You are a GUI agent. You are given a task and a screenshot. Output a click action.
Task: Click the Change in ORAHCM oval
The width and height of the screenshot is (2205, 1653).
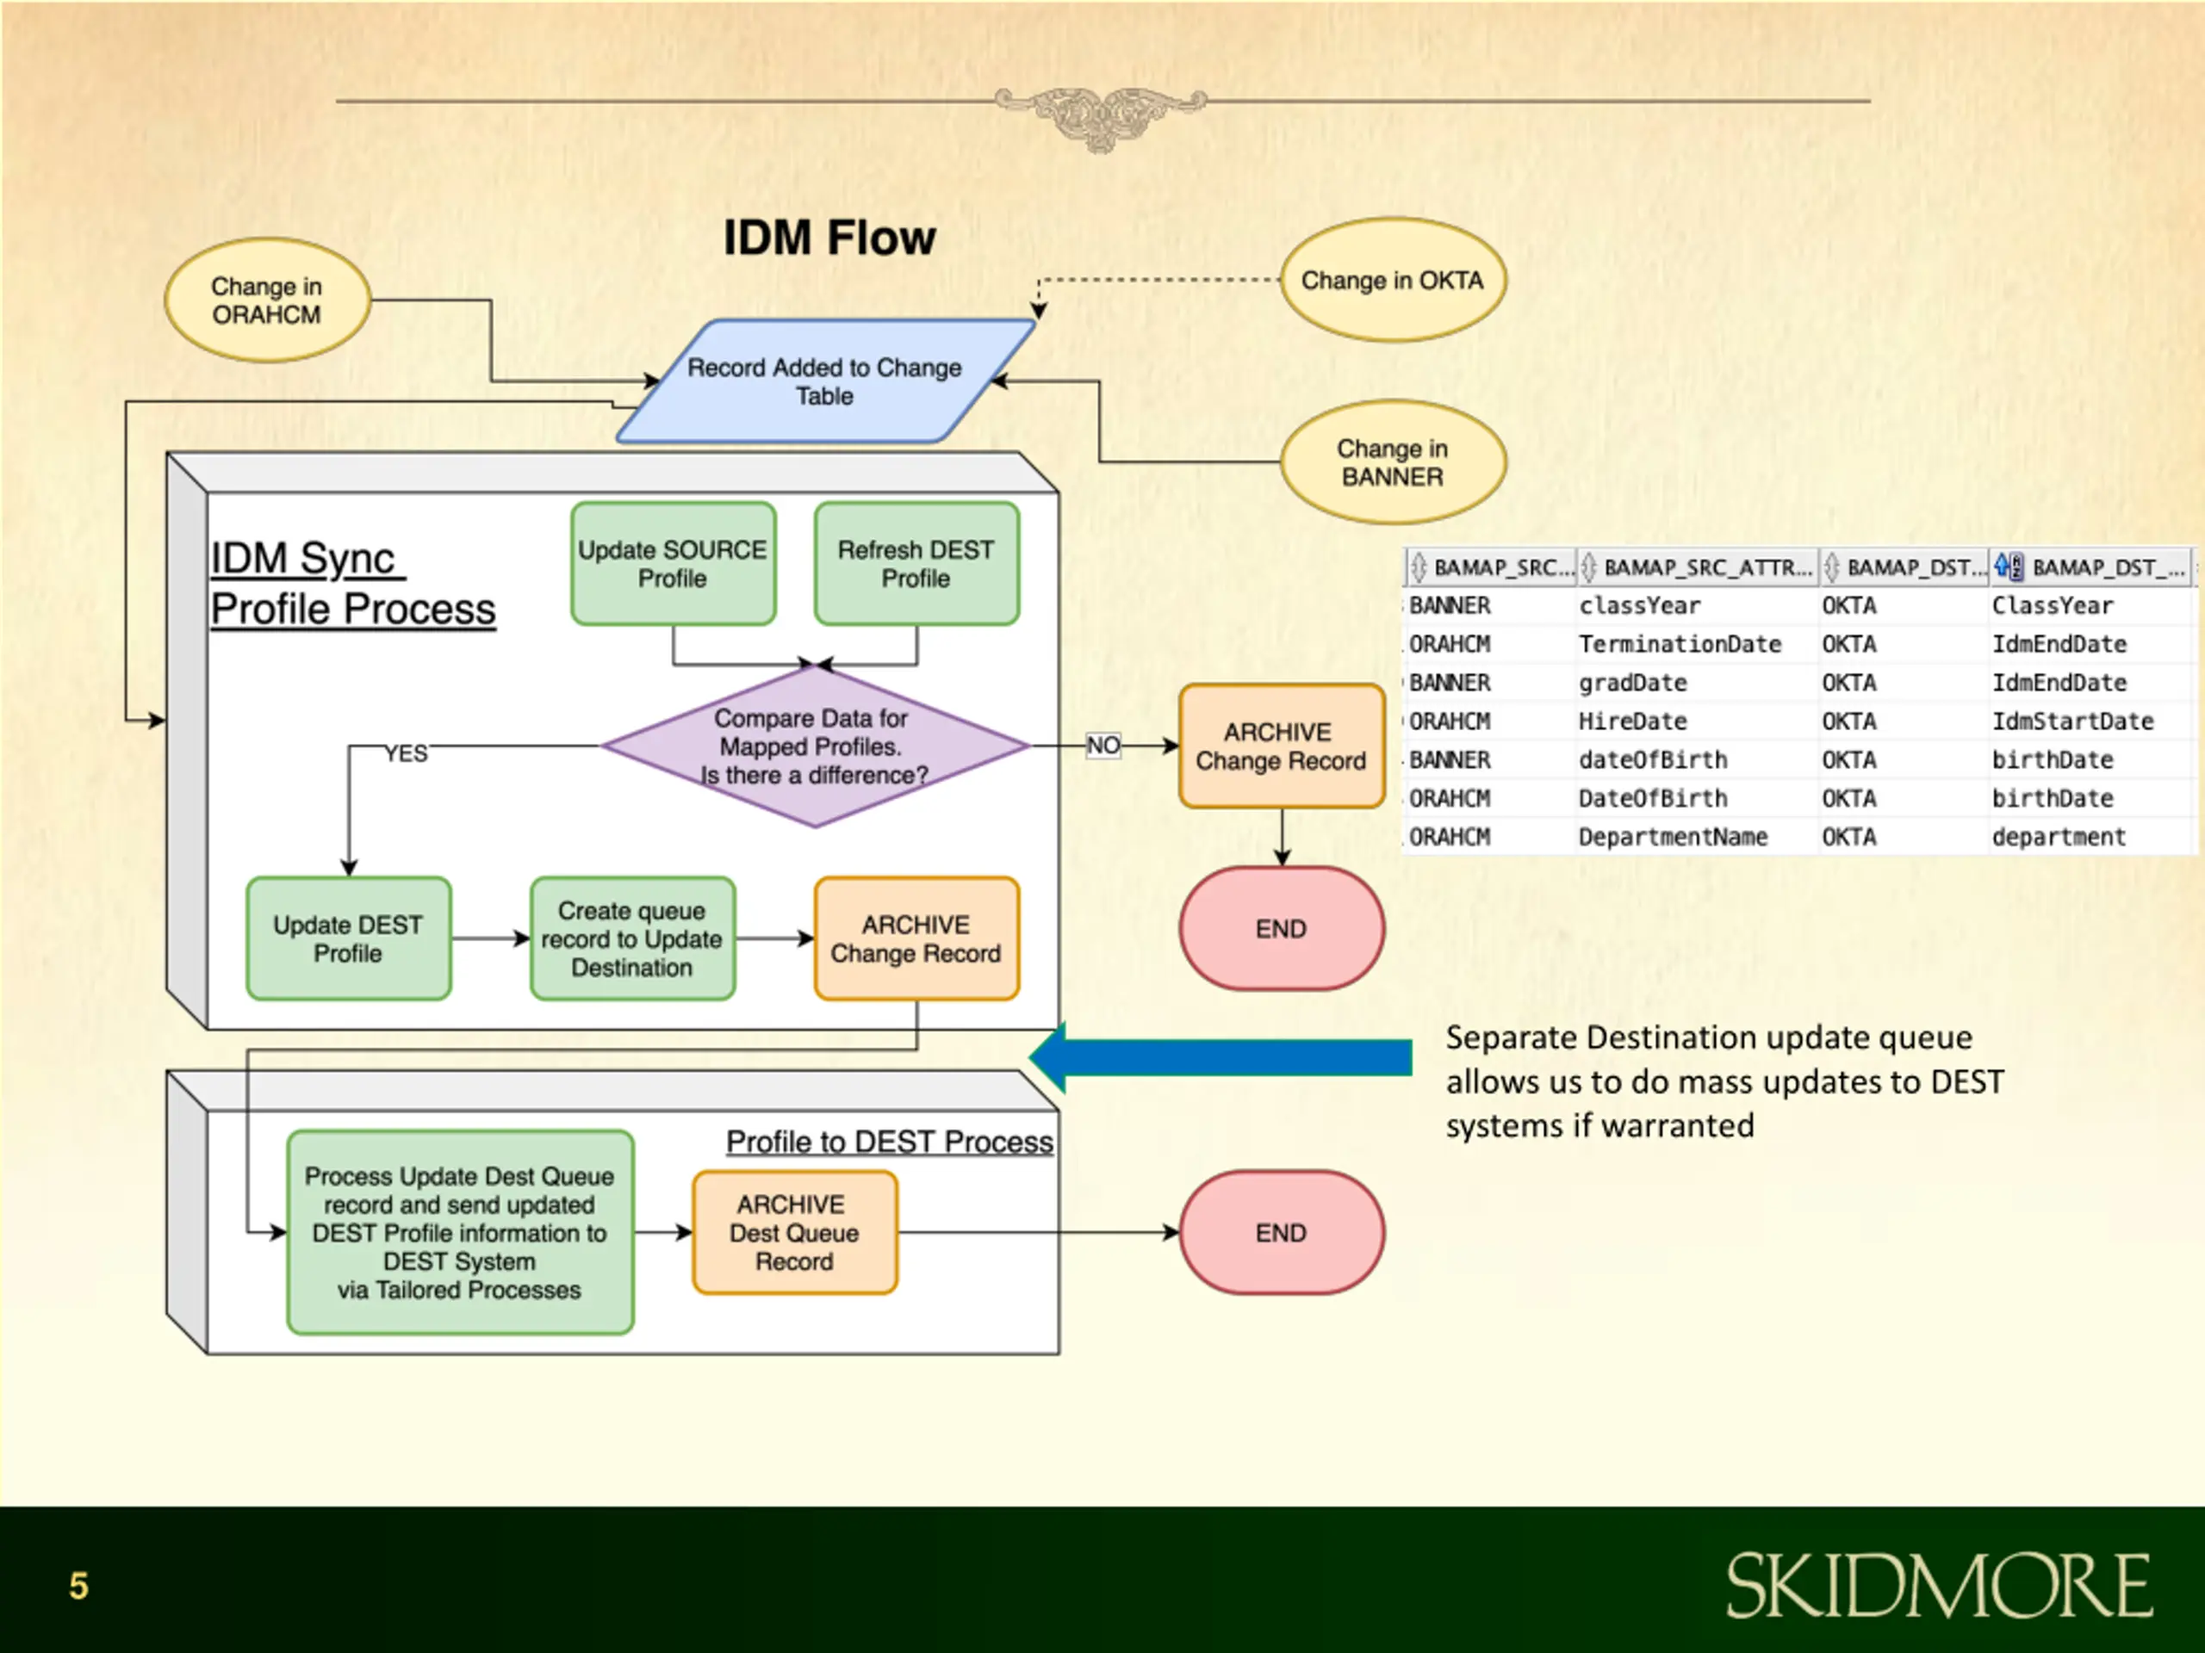click(x=267, y=300)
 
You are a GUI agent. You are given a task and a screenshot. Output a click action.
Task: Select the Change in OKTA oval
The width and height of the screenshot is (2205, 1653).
click(x=1393, y=280)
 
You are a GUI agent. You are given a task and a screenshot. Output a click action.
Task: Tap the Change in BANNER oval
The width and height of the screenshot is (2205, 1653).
click(x=1393, y=462)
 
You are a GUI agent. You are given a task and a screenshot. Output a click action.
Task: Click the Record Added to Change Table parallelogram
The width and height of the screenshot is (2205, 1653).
click(x=825, y=381)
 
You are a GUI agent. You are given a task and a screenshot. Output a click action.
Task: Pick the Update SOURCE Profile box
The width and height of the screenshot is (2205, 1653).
click(x=673, y=564)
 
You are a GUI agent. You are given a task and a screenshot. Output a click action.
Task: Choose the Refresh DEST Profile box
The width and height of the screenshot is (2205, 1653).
click(x=916, y=564)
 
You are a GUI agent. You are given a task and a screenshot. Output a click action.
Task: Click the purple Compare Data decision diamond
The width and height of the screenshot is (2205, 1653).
click(x=815, y=746)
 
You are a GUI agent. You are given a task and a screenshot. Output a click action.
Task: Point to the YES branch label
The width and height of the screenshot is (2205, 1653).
click(x=407, y=753)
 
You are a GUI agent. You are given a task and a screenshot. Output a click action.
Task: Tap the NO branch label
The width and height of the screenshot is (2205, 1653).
click(x=1103, y=746)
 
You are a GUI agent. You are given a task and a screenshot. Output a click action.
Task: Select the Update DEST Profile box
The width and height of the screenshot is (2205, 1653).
click(x=348, y=938)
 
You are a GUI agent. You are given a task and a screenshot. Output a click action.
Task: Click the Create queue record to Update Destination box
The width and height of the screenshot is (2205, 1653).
click(x=632, y=938)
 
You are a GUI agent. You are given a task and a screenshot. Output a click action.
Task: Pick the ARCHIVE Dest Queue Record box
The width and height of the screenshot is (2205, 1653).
click(x=794, y=1233)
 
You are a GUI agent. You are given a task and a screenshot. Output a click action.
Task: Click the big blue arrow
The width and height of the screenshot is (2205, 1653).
click(x=1221, y=1057)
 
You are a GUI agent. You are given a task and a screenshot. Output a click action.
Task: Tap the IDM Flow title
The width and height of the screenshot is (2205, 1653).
click(x=829, y=238)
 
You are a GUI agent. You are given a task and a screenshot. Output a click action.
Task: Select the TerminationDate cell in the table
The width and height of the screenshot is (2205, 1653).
click(x=1680, y=645)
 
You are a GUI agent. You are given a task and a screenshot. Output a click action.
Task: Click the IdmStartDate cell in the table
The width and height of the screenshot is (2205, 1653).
click(x=2072, y=721)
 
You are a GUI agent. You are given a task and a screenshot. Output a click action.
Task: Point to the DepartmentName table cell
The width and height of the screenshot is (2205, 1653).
click(x=1673, y=837)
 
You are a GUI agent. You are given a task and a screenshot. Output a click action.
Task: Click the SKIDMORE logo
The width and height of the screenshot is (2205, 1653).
click(x=1939, y=1585)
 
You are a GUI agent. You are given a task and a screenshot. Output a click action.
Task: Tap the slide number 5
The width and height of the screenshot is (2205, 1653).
click(x=78, y=1585)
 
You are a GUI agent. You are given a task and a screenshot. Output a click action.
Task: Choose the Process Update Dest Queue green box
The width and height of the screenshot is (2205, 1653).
click(x=460, y=1233)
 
